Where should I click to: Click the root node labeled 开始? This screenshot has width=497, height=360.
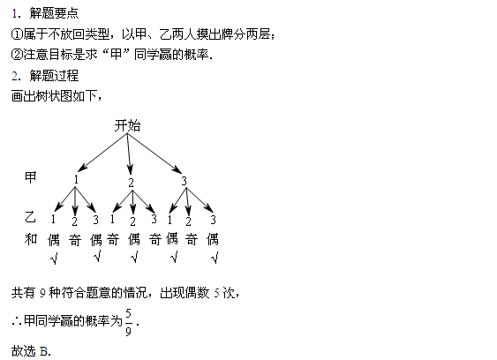click(x=127, y=126)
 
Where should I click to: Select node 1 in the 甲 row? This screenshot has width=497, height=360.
click(x=76, y=180)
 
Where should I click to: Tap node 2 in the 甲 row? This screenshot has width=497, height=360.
click(x=131, y=183)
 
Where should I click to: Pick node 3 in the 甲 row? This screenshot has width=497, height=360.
click(x=184, y=181)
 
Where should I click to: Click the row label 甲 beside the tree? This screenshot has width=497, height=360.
click(x=31, y=177)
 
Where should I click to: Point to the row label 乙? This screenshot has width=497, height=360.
click(x=30, y=217)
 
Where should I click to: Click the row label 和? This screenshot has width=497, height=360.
click(x=31, y=239)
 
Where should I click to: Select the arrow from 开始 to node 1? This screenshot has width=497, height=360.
click(x=102, y=153)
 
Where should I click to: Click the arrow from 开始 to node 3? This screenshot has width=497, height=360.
click(x=154, y=154)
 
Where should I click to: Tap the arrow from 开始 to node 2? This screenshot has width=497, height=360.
click(x=129, y=154)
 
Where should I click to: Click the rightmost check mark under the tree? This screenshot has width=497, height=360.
click(x=215, y=258)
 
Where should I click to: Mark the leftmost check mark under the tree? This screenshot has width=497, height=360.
click(x=54, y=259)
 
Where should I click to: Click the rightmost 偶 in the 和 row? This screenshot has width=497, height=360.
click(x=213, y=239)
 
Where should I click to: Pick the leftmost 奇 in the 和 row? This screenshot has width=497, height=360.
click(x=75, y=240)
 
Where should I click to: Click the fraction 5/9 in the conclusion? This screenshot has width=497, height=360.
click(x=128, y=322)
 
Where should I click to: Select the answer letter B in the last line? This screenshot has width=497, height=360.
click(x=44, y=351)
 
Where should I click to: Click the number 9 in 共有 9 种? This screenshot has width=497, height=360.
click(x=42, y=293)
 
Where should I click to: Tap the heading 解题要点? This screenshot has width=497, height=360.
click(x=54, y=13)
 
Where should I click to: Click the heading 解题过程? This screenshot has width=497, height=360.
click(x=54, y=76)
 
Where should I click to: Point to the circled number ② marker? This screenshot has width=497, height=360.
click(x=17, y=55)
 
